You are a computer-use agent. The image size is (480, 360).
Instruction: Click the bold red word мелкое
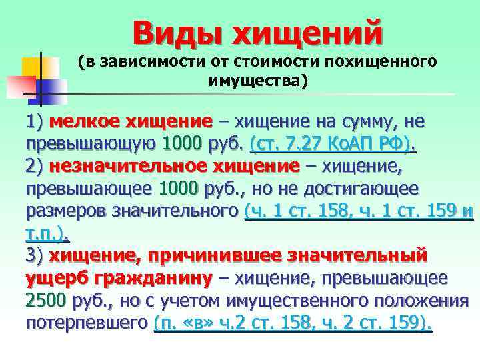[x=84, y=122]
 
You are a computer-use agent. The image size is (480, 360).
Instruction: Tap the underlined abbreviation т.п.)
[x=48, y=233]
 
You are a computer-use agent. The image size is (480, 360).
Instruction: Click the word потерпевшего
[x=86, y=323]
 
